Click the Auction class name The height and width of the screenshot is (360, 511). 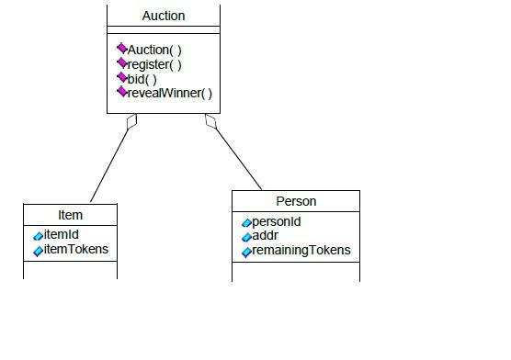(164, 16)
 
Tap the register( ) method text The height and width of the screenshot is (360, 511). (153, 64)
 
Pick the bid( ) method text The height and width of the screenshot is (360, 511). (142, 79)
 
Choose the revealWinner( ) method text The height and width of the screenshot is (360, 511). (169, 93)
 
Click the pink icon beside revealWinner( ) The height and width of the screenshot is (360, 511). (121, 92)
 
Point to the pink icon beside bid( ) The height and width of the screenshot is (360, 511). (121, 78)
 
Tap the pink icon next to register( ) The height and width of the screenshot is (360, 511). (121, 63)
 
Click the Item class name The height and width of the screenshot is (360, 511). (71, 215)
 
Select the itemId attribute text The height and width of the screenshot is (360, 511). (62, 235)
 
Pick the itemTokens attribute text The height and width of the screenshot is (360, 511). (76, 250)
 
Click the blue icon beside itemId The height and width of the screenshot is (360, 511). (39, 236)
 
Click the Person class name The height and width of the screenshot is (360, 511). (296, 201)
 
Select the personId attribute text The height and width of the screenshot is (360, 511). (277, 222)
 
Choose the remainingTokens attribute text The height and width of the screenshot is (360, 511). (301, 251)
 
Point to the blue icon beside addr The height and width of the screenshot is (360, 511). (246, 237)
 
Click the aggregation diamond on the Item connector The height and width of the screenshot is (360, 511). (131, 121)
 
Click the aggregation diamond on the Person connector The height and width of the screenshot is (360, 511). (211, 120)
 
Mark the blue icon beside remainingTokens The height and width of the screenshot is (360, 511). (246, 252)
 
